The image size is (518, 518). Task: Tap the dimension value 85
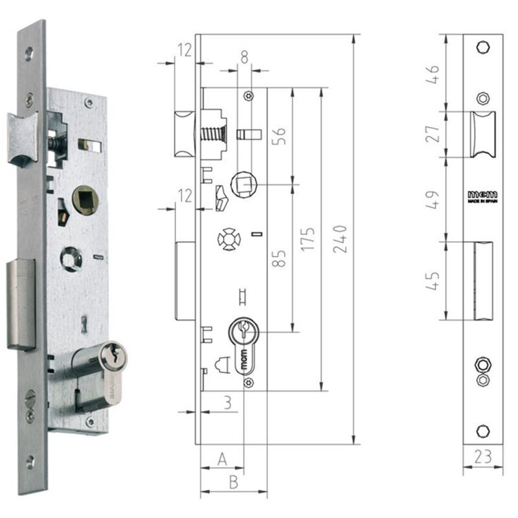(280, 258)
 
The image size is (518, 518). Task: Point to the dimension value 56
(280, 137)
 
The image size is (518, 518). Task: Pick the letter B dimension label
(233, 482)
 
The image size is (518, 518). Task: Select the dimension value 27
(435, 134)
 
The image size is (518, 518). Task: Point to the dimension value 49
(435, 199)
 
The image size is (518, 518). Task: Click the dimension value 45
(435, 280)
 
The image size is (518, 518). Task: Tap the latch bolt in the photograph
(21, 137)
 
